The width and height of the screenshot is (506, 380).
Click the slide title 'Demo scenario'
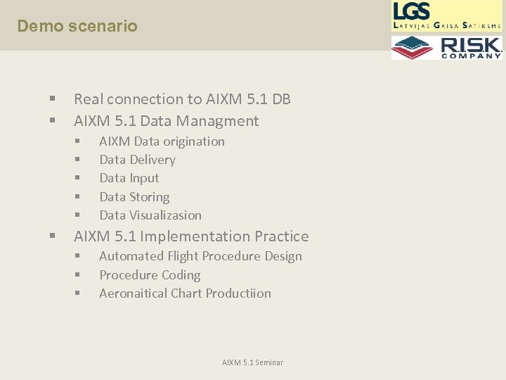tap(77, 27)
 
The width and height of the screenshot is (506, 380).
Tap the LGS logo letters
tap(412, 11)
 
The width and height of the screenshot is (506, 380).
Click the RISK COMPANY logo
tap(447, 47)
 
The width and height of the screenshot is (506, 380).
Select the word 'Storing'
tap(148, 197)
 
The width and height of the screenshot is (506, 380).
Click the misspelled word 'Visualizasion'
tap(167, 215)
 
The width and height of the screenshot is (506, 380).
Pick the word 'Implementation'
tap(182, 236)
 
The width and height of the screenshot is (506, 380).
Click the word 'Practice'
tap(281, 236)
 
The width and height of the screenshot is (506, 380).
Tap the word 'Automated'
tap(131, 256)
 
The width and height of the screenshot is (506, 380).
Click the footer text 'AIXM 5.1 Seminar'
tap(252, 362)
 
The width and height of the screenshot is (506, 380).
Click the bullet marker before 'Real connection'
tap(53, 100)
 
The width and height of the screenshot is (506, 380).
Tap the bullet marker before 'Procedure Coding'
tap(78, 275)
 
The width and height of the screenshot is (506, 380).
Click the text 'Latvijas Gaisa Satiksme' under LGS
tap(448, 25)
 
